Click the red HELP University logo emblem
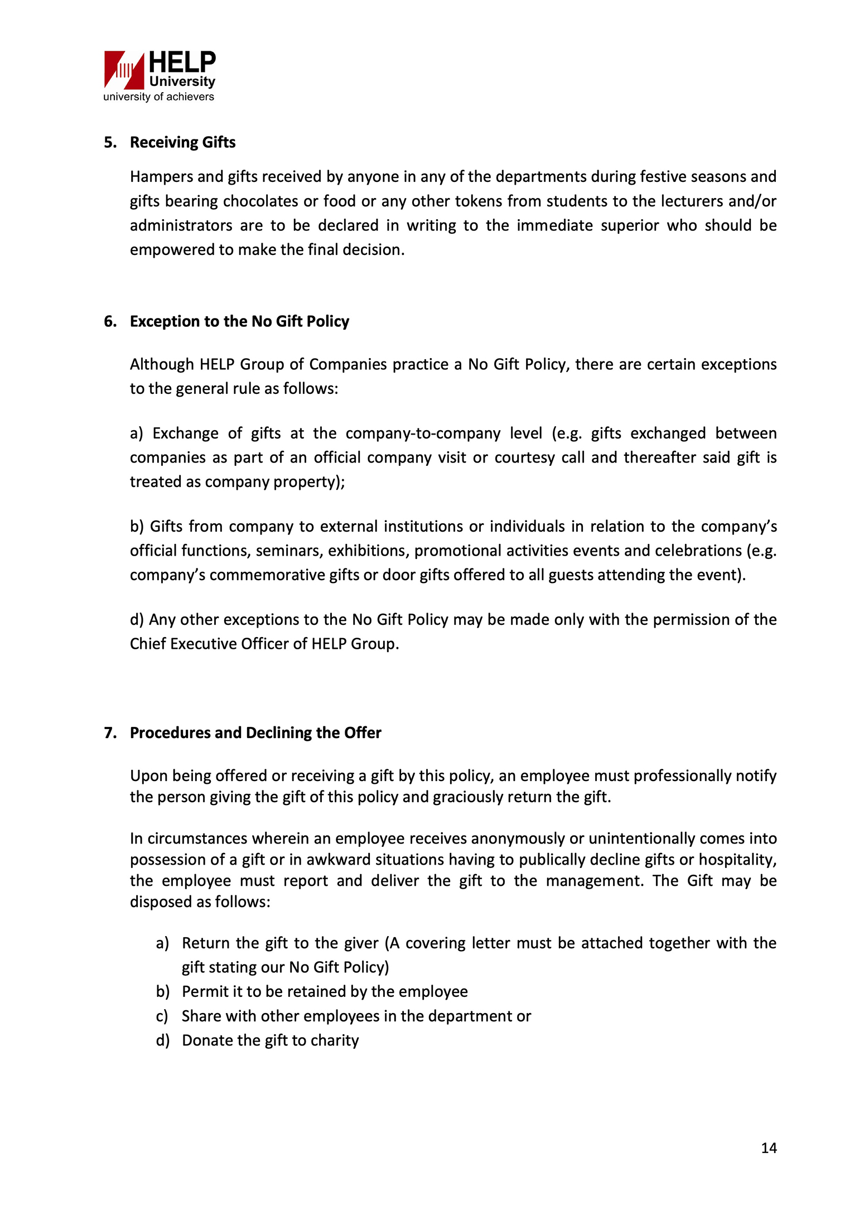point(124,70)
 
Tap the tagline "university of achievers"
point(158,97)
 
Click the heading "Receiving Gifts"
point(182,142)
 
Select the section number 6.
point(109,321)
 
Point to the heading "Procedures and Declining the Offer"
point(255,732)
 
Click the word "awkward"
point(340,860)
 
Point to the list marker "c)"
point(162,1016)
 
